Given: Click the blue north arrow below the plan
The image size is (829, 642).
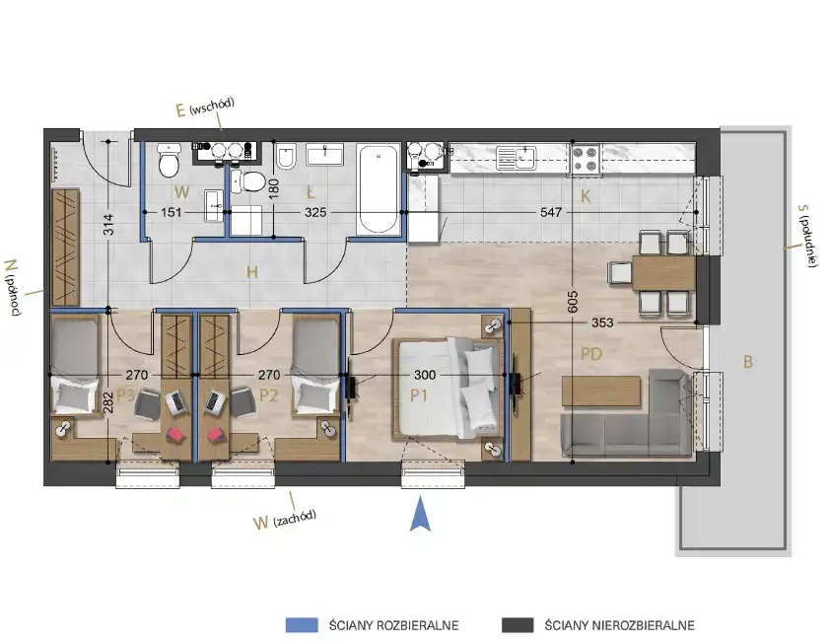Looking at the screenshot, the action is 420,513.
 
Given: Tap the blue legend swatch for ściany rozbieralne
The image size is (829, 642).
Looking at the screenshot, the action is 302,625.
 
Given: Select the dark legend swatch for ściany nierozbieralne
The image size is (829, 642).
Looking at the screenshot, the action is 518,625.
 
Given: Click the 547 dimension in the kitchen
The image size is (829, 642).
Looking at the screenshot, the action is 551,212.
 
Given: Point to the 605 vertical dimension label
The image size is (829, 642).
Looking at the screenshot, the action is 573,302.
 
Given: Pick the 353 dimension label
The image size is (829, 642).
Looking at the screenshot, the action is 602,322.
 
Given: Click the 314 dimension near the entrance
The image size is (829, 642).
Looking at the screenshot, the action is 107,224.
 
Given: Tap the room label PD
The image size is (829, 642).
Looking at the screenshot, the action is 591,353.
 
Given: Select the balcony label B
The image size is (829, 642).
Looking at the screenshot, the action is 747,362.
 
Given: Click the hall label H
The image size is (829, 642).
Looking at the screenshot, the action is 252,272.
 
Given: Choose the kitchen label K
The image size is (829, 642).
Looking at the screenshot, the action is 586,196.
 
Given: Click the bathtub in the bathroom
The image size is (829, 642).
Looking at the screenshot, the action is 378,189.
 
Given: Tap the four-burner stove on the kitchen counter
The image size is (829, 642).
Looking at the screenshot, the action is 585,160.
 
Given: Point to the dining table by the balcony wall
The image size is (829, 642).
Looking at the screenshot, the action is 663,273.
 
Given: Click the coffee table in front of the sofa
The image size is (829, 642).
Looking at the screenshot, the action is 601,391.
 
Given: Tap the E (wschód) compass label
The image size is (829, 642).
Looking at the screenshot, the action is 205,107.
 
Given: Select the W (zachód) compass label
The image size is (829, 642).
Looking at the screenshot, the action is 285,519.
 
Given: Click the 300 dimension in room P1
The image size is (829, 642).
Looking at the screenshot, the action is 425,375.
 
